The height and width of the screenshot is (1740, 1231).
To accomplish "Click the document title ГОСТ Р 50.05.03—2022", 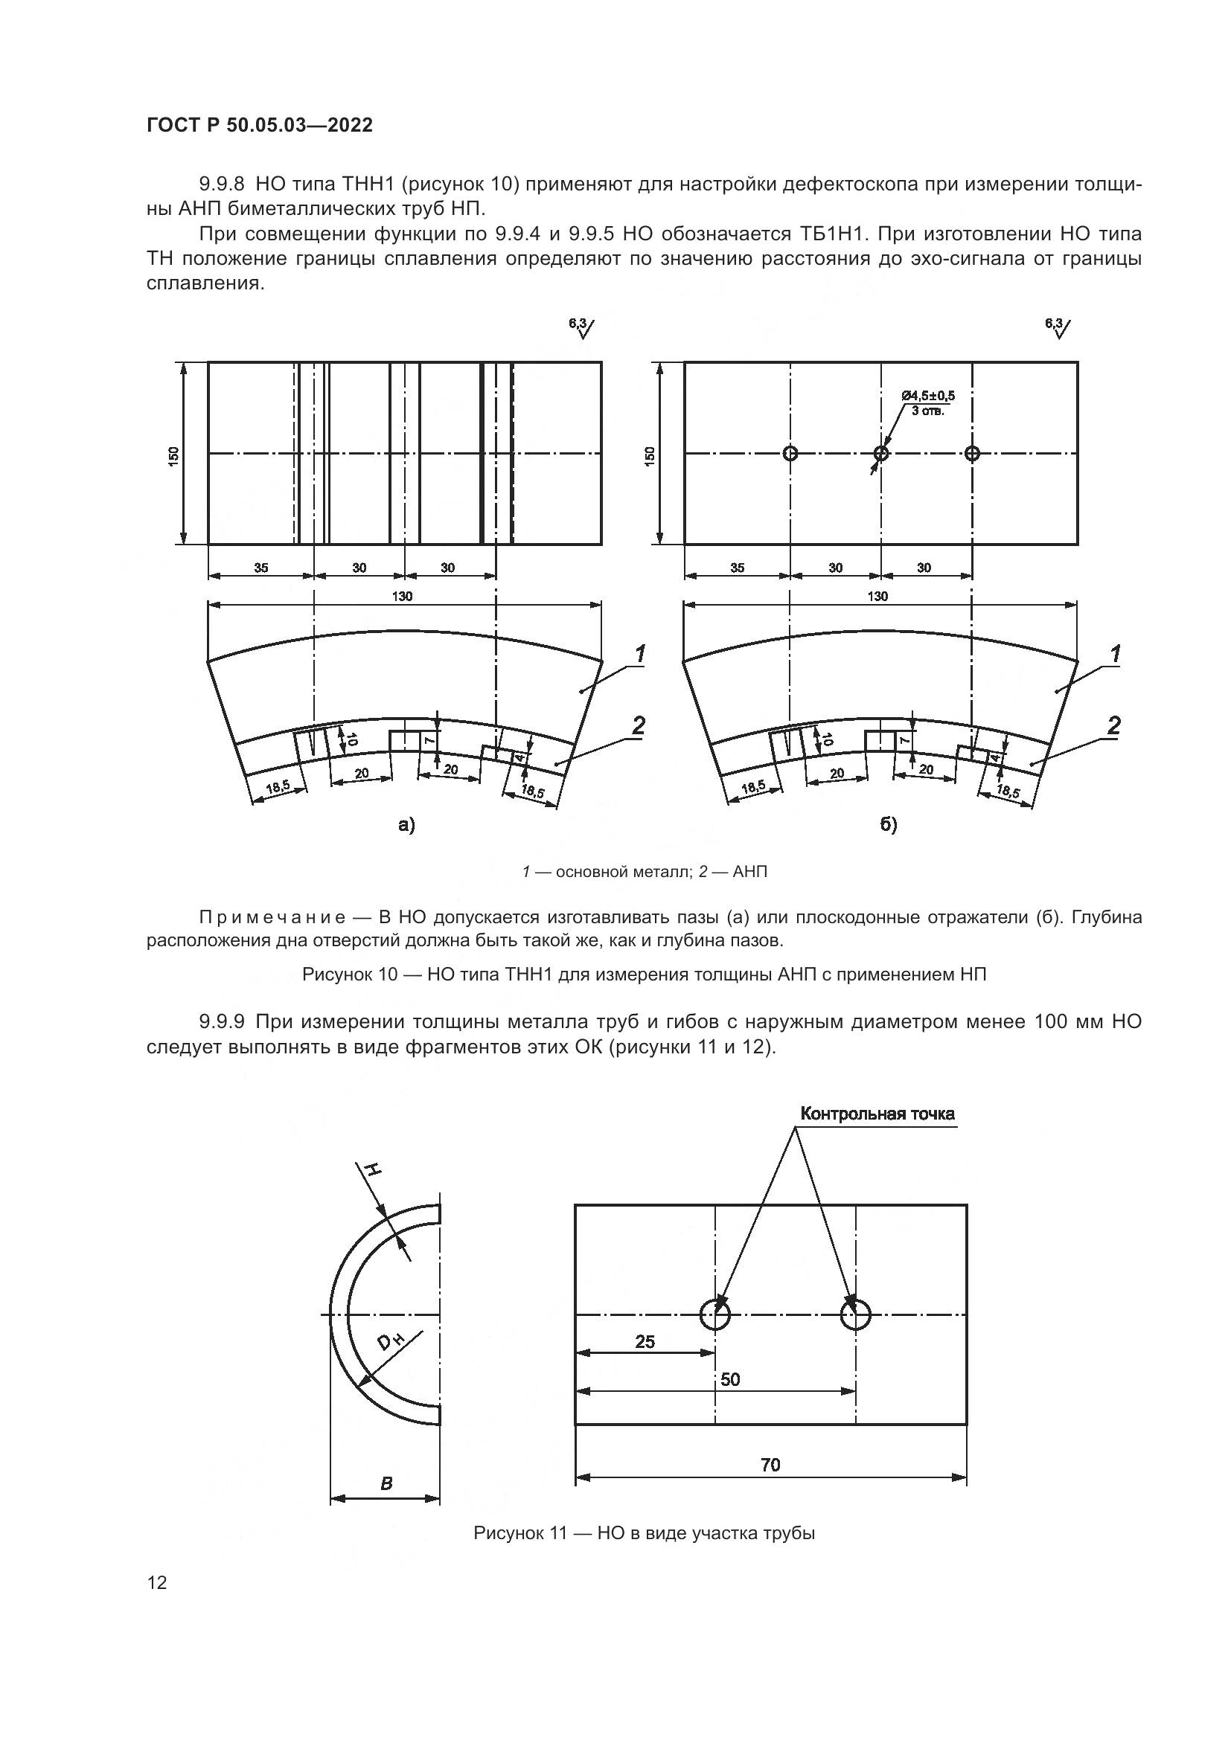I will pos(259,125).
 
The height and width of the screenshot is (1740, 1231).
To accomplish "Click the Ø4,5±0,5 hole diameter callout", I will pos(928,396).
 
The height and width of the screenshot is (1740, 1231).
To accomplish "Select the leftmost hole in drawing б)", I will pos(790,453).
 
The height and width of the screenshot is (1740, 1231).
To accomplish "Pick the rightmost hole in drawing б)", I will pos(973,453).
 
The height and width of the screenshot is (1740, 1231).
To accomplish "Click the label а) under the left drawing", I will pos(407,824).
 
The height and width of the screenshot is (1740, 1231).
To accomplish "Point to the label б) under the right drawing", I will pos(889,824).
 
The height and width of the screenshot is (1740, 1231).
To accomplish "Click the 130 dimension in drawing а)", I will pos(403,596).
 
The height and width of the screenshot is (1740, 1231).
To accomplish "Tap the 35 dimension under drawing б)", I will pos(737,568).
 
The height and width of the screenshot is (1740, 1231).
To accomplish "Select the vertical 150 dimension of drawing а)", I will pos(173,455).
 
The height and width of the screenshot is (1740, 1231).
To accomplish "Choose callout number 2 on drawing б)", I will pos(1113,725).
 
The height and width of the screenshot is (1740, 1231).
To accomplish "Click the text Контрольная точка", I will pos(877,1114).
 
